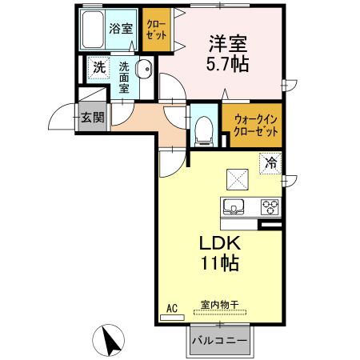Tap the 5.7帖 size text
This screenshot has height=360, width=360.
[x=228, y=64]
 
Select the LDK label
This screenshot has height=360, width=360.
[x=214, y=242]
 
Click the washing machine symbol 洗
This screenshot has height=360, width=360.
[x=97, y=68]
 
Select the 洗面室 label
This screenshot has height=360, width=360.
[x=124, y=78]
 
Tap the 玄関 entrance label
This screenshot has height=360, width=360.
[x=92, y=117]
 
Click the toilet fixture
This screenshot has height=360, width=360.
[x=204, y=128]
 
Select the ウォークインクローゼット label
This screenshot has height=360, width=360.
[x=256, y=125]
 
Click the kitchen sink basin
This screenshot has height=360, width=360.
[x=234, y=206]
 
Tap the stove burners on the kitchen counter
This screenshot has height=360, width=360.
[x=270, y=206]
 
